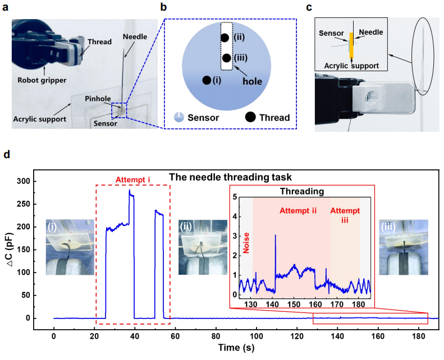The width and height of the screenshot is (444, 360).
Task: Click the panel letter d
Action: [x=7, y=153]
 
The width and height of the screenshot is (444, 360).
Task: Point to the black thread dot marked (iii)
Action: [x=227, y=58]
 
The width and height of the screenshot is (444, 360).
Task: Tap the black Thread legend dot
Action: [x=249, y=117]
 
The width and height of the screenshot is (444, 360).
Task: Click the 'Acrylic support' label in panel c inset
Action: [x=348, y=66]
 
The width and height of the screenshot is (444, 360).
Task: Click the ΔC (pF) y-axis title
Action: [x=13, y=248]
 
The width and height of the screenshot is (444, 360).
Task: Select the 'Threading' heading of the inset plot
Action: [x=301, y=191]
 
